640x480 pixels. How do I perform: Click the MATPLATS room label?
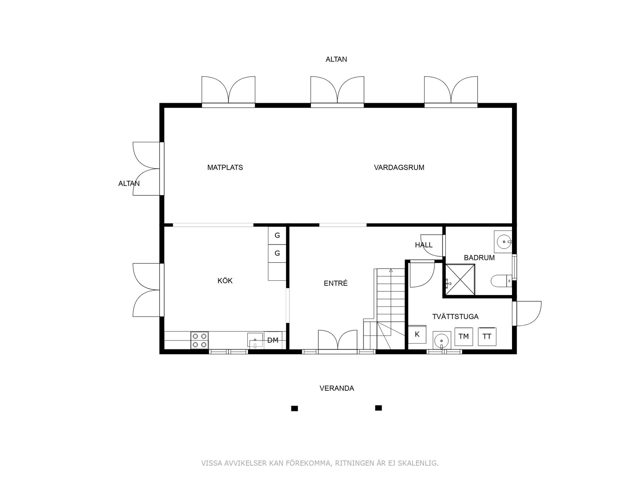pos(225,167)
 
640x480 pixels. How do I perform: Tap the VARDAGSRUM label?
pos(399,167)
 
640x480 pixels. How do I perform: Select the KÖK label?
pos(225,281)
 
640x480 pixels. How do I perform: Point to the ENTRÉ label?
pos(336,283)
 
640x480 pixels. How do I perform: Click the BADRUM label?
pos(479,258)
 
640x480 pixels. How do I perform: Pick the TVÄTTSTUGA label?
pos(455,317)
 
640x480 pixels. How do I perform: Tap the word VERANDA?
pos(337,388)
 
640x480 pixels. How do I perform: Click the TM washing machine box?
pos(464,337)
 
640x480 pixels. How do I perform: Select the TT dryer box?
pos(487,337)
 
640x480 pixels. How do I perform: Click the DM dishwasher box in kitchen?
pos(273,340)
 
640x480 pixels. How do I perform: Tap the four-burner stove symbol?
pos(199,340)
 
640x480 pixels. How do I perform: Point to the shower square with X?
pos(460,280)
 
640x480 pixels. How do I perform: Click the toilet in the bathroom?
pos(500,281)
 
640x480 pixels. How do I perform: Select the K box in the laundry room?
pos(417,334)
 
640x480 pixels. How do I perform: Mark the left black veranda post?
pos(294,408)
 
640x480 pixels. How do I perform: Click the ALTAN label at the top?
pos(336,59)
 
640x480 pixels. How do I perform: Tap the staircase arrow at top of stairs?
pos(391,271)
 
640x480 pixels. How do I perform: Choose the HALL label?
pos(424,245)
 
